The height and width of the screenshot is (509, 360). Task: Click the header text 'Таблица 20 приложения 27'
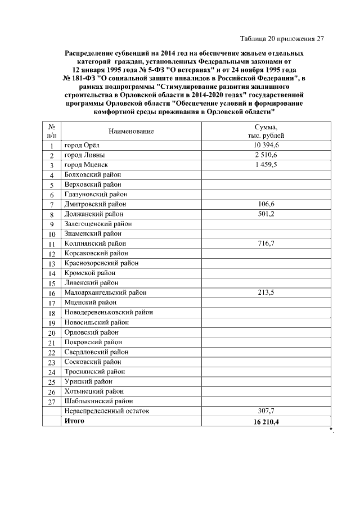pos(282,39)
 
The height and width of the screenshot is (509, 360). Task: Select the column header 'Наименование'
pos(131,131)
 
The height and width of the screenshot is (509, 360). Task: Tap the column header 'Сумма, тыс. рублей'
pos(266,131)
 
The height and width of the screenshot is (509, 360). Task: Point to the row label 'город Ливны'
pos(84,155)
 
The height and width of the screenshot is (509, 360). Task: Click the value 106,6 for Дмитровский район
pos(266,204)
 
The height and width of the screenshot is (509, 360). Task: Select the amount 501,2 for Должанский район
pos(266,214)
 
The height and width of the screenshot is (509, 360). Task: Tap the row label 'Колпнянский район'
pos(95,244)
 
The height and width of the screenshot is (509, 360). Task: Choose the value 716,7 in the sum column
pos(266,244)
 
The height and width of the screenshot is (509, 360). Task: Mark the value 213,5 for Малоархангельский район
pos(266,292)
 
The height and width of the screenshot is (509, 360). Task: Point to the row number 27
pos(51,402)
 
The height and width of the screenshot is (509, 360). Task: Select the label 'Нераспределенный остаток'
pos(107,411)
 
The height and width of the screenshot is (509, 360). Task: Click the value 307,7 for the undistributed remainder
pos(266,411)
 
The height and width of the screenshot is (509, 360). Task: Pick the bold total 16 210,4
pos(266,421)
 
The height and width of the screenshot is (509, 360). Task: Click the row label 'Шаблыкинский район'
pos(98,401)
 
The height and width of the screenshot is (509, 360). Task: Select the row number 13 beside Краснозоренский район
pos(51,264)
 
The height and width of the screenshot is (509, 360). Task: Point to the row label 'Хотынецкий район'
pos(94,391)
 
